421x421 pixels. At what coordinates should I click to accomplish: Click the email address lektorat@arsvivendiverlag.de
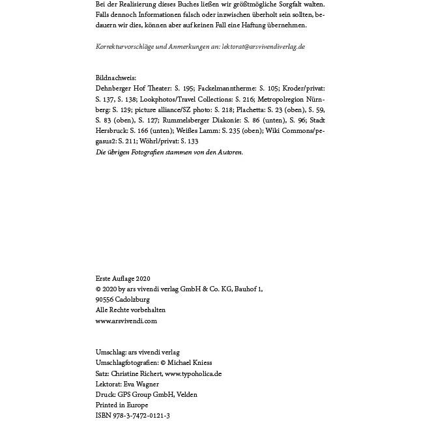[x=263, y=47]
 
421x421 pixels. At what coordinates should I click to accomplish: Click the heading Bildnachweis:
[x=116, y=78]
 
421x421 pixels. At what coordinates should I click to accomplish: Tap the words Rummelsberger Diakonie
[x=202, y=120]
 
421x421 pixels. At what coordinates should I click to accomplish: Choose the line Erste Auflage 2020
[x=123, y=278]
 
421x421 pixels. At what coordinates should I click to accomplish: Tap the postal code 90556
[x=105, y=300]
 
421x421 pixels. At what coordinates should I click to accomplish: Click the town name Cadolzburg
[x=132, y=300]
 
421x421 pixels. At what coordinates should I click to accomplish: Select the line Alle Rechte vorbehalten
[x=130, y=310]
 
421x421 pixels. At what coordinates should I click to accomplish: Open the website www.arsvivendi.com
[x=126, y=321]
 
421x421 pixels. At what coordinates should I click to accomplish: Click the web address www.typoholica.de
[x=194, y=373]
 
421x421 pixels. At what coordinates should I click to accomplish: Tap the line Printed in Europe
[x=122, y=405]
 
